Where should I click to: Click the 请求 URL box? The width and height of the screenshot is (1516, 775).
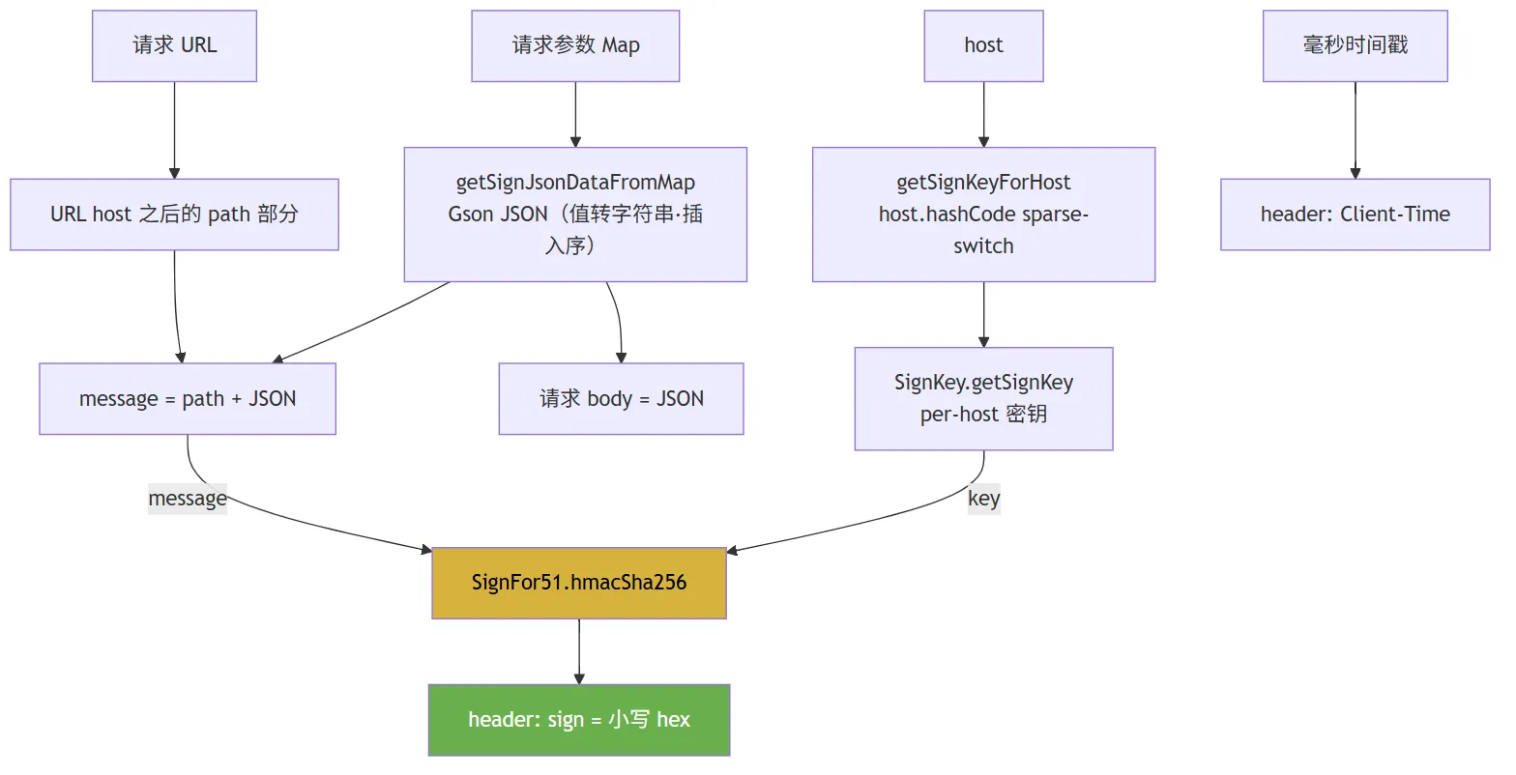[x=175, y=46]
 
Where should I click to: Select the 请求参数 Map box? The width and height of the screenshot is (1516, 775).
[x=575, y=46]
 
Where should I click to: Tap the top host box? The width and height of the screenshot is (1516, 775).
[x=983, y=46]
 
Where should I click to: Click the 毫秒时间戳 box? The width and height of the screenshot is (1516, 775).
[x=1355, y=46]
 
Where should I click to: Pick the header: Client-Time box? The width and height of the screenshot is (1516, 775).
[x=1355, y=215]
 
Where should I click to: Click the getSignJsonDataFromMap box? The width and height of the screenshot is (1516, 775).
[x=575, y=215]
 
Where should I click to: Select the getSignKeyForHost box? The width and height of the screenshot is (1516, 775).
[x=983, y=215]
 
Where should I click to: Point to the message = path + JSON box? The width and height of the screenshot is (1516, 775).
[x=188, y=399]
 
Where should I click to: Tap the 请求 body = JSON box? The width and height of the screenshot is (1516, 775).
[x=622, y=399]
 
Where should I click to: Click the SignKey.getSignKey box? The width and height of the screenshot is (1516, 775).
[x=983, y=399]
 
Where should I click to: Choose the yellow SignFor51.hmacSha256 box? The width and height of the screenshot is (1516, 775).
[x=579, y=583]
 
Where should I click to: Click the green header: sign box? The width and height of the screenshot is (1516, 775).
[x=579, y=720]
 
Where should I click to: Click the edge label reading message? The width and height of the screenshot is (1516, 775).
[x=188, y=499]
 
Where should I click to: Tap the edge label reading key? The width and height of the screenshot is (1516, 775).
[x=983, y=499]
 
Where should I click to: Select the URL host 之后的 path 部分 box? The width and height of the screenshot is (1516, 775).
[x=175, y=215]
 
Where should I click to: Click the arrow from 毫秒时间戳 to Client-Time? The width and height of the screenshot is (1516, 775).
[x=1355, y=130]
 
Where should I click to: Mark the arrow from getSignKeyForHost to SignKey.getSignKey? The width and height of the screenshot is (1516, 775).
[x=983, y=314]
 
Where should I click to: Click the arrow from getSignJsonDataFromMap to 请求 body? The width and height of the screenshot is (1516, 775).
[x=618, y=321]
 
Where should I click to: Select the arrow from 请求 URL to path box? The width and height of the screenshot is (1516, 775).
[x=175, y=130]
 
